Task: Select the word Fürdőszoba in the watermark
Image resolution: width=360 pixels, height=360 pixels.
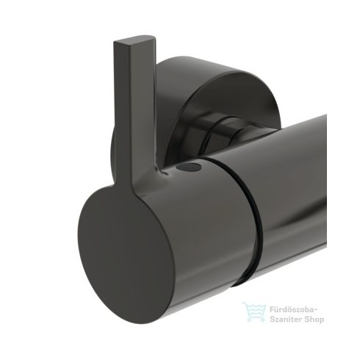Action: click(x=290, y=309)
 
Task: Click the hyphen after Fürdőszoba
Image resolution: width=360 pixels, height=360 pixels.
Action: click(x=317, y=310)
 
